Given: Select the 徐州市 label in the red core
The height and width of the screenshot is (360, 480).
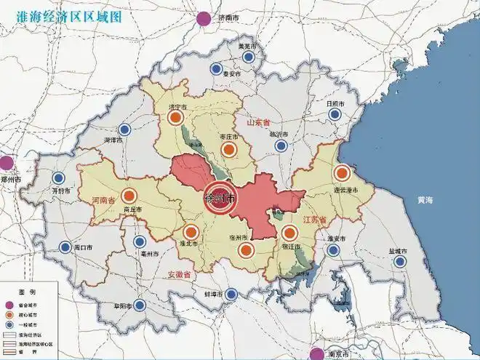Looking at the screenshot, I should coord(220,198).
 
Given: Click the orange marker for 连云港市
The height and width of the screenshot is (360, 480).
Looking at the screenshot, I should coord(342,174).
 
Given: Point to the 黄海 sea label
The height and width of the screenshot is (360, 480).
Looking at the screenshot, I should coord(425,199).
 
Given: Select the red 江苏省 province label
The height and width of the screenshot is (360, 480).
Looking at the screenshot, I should coord(313,219).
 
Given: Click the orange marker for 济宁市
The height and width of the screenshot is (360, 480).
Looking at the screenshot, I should coord(174,117).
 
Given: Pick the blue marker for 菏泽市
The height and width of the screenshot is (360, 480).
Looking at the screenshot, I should coord(124,129).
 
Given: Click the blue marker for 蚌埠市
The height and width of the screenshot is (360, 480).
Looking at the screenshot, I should coord(231,295).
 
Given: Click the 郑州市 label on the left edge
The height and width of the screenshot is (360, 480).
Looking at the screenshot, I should coord(11,179).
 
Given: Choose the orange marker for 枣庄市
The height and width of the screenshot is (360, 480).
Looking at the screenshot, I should coord(229,150).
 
